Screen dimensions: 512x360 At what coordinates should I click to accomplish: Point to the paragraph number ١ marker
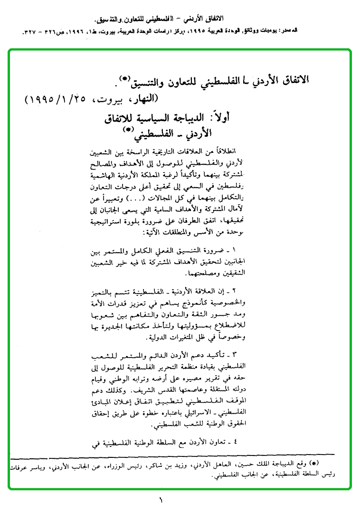(x=235, y=249)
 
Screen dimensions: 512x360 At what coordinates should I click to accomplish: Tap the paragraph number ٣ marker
(x=234, y=355)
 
